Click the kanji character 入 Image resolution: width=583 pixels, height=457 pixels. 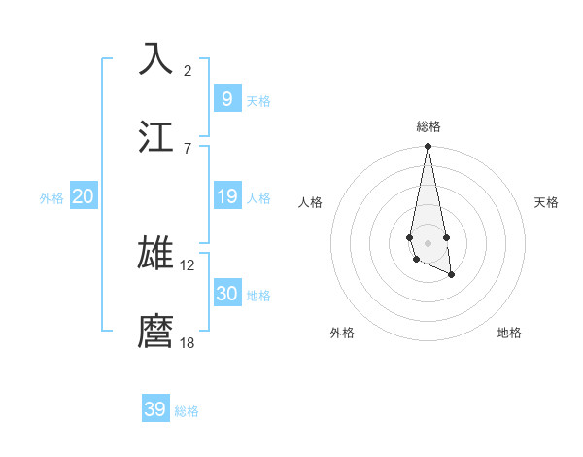[155, 59]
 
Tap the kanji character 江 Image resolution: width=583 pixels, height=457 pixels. [155, 136]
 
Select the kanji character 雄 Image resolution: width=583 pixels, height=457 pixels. [155, 253]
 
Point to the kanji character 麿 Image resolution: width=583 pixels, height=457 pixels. [155, 331]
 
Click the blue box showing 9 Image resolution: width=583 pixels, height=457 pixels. [226, 98]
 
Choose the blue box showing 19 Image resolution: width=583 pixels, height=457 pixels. [226, 196]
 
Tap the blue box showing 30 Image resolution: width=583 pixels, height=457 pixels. [226, 294]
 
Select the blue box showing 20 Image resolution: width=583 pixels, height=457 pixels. [83, 196]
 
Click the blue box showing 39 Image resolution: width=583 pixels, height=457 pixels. [155, 409]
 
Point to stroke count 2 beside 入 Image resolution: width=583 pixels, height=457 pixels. [188, 70]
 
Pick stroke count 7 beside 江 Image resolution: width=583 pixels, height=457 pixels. [188, 148]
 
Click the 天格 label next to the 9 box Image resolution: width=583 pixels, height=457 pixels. [258, 101]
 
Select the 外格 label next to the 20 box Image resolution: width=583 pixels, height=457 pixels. [51, 198]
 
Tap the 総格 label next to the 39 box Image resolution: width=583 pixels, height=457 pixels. [187, 411]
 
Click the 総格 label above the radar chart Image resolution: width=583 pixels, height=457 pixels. [429, 126]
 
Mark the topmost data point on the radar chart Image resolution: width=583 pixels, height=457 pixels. [428, 147]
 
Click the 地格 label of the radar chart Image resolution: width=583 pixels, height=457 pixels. [509, 333]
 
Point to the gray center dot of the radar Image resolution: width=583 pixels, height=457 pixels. [428, 241]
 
